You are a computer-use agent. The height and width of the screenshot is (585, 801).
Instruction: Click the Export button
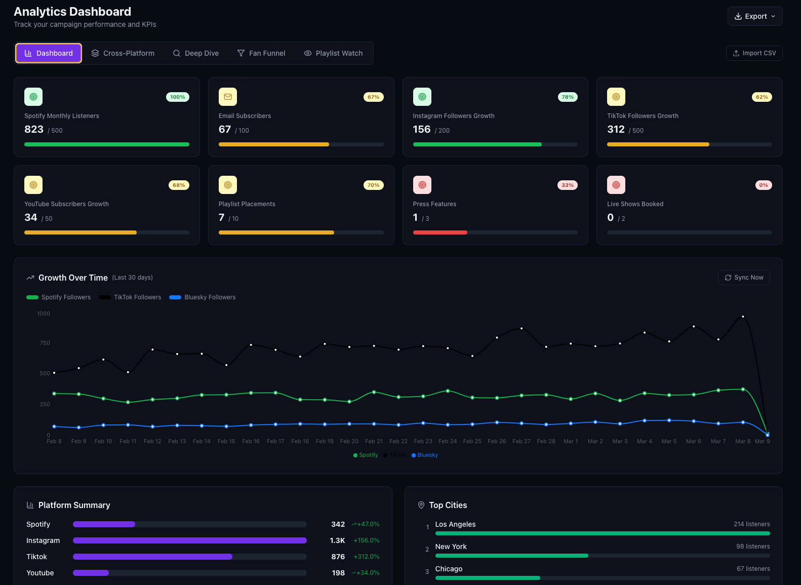[754, 16]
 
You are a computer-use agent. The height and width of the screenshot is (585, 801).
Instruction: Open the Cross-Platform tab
[123, 53]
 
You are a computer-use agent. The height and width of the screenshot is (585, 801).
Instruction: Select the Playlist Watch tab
[333, 53]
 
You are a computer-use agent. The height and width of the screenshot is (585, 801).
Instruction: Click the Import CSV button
[754, 53]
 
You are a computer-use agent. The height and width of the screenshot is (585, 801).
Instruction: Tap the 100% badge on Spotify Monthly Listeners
[177, 97]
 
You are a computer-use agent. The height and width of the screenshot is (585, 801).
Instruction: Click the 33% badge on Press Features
[567, 185]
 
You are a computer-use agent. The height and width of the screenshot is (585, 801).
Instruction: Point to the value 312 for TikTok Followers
[616, 130]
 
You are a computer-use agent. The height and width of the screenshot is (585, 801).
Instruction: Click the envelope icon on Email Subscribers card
[228, 97]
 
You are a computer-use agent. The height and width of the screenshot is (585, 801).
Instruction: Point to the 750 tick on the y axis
[45, 343]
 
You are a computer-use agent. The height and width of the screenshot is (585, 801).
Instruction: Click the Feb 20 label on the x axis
[349, 442]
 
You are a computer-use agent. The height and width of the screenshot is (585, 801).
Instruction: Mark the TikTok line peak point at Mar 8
[743, 317]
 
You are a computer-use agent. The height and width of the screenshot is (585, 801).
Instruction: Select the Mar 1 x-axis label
[571, 442]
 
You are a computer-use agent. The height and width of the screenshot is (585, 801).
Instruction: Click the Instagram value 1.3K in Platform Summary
[337, 540]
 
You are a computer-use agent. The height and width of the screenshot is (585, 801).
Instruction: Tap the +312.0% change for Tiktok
[366, 557]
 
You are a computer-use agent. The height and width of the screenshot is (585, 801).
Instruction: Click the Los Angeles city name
[455, 524]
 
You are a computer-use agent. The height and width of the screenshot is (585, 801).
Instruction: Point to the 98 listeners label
[753, 547]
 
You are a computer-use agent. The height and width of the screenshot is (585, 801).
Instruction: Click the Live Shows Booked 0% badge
[763, 185]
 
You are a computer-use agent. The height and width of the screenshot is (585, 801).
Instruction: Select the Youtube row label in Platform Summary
[40, 573]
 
